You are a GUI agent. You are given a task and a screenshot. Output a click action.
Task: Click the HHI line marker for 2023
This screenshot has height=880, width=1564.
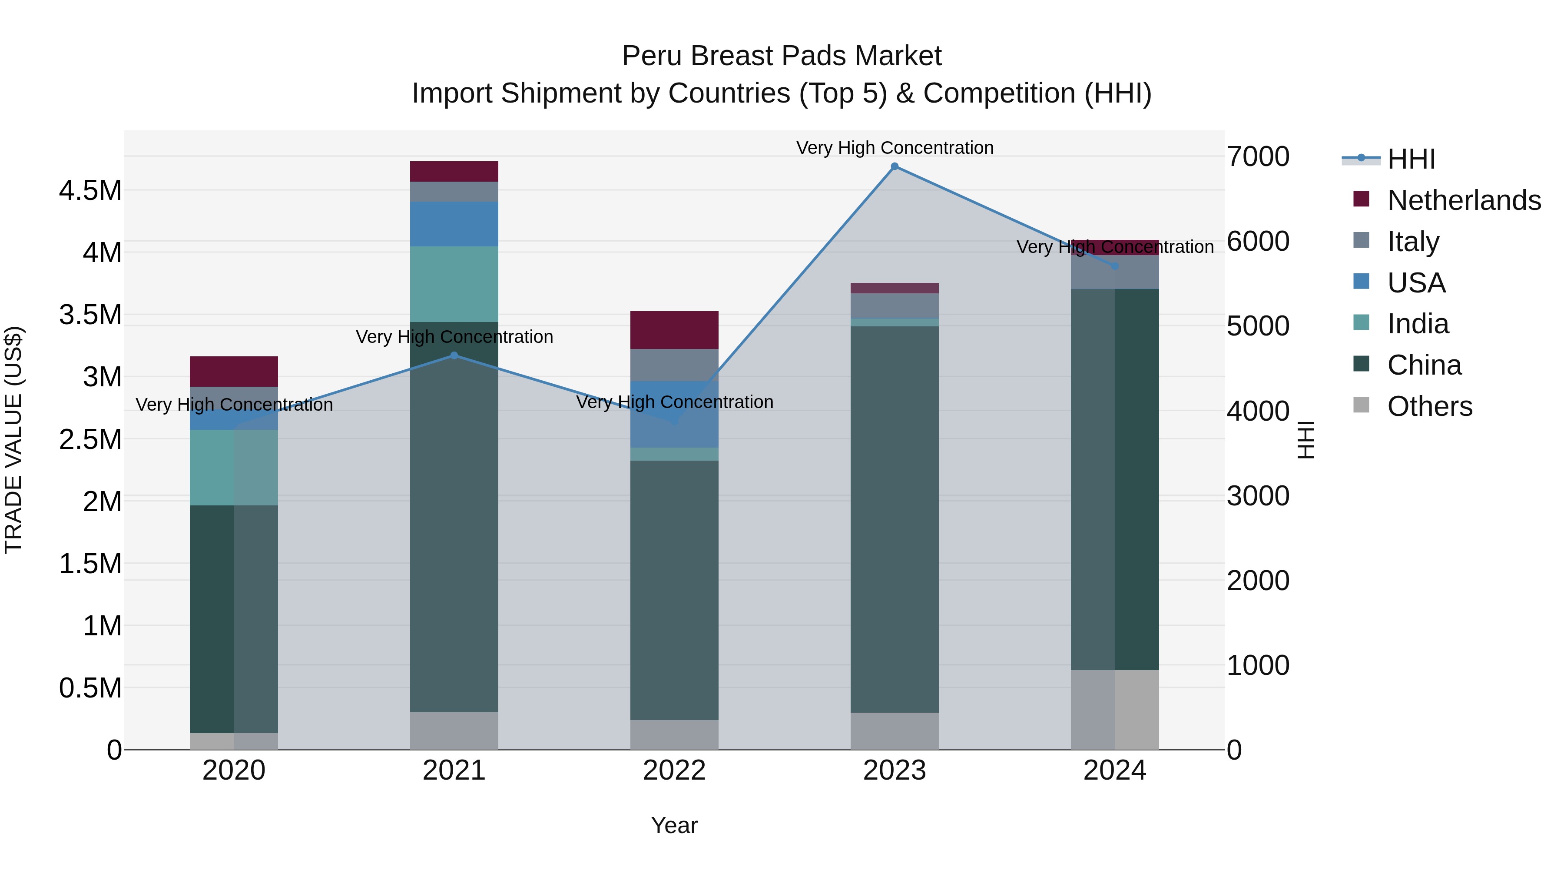(895, 166)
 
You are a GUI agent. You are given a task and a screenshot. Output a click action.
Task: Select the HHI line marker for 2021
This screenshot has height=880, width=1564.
(454, 355)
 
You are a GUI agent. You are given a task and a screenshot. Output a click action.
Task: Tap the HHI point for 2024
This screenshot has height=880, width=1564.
(1115, 266)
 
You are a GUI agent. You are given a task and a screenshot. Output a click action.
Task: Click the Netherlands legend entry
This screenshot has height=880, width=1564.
(1463, 200)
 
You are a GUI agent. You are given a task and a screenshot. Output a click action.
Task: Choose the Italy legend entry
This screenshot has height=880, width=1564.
(1413, 241)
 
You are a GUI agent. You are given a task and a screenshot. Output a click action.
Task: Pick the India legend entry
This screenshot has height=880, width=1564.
(1418, 324)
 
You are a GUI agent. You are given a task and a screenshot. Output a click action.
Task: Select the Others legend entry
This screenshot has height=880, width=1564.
(1429, 406)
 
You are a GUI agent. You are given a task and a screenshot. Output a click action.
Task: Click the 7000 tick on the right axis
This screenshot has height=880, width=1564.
(1258, 157)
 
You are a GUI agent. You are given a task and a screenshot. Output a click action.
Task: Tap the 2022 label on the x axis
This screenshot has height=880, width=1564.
(674, 770)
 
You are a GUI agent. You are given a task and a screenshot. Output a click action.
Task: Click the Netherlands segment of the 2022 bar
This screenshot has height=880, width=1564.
(674, 330)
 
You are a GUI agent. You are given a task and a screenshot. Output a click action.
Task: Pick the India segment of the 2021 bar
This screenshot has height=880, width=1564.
(454, 284)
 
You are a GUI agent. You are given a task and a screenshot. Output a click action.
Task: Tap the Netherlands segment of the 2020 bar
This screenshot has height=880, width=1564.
(234, 371)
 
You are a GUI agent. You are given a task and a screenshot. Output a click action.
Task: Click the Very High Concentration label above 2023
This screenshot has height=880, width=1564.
(895, 148)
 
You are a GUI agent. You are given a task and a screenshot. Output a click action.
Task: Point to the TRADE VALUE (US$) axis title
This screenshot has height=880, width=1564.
(13, 440)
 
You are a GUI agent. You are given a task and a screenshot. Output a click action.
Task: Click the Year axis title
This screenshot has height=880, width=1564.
(674, 825)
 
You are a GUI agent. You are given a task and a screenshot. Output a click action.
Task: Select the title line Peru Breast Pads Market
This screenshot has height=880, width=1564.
(782, 56)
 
